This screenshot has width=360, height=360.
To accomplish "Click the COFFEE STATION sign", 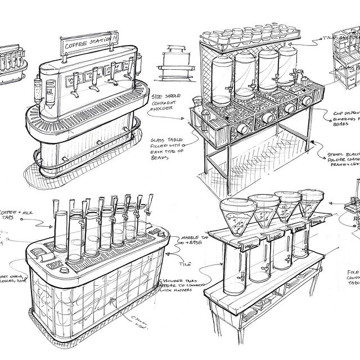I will [89, 43].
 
